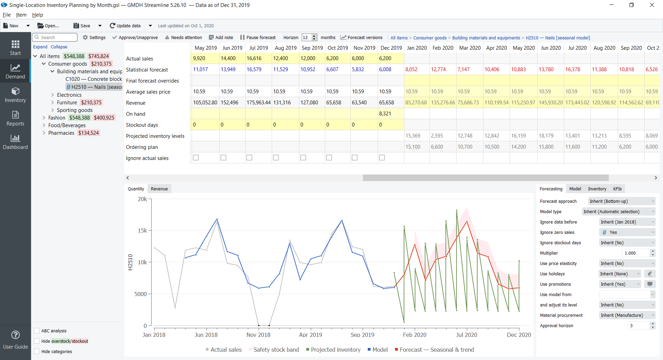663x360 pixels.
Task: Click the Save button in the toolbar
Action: point(82,26)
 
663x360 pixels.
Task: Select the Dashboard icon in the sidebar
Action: point(15,141)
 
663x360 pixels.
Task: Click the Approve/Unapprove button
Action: point(135,37)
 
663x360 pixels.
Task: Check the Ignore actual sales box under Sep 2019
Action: point(303,158)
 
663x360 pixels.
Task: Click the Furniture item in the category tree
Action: point(67,102)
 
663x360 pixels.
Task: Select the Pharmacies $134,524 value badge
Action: point(88,133)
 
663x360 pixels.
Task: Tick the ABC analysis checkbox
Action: point(37,331)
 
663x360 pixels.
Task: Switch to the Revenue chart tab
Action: point(159,189)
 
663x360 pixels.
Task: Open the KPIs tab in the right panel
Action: point(617,189)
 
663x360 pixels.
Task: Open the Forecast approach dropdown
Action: point(621,201)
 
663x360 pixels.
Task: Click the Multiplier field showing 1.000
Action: point(635,253)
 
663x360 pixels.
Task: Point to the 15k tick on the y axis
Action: point(142,230)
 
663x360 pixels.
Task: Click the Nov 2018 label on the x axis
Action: point(258,335)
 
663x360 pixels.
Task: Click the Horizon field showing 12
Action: point(306,37)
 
